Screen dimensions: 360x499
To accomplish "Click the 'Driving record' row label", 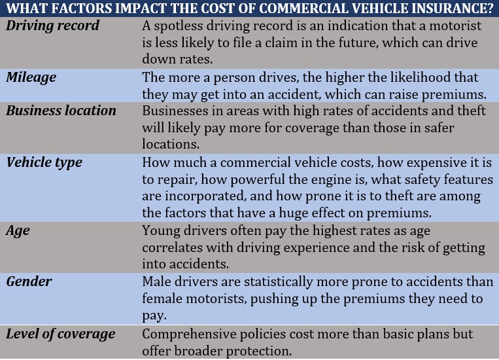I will click(x=53, y=26).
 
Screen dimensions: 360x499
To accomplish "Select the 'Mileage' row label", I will click(x=31, y=77).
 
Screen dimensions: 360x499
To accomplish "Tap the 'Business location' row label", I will click(x=61, y=111).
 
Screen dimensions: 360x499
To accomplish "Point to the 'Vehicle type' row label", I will click(x=44, y=162).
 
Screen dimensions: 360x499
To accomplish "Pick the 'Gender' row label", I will click(x=29, y=281).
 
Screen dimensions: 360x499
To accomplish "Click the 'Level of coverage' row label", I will click(x=60, y=334).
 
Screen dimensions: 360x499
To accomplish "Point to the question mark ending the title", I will click(x=492, y=9).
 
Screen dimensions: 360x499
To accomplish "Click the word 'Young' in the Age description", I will click(x=160, y=230).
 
